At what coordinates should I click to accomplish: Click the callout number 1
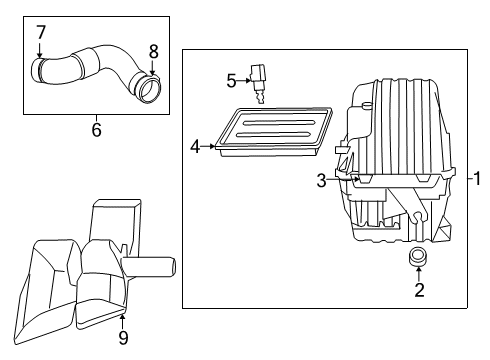(x=477, y=179)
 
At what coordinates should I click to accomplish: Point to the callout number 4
(x=196, y=147)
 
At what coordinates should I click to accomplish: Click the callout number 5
(x=230, y=78)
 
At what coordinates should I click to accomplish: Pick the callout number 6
(x=96, y=128)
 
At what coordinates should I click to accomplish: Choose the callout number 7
(x=41, y=34)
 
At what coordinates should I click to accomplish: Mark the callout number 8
(x=153, y=50)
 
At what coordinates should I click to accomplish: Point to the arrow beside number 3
(x=340, y=180)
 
